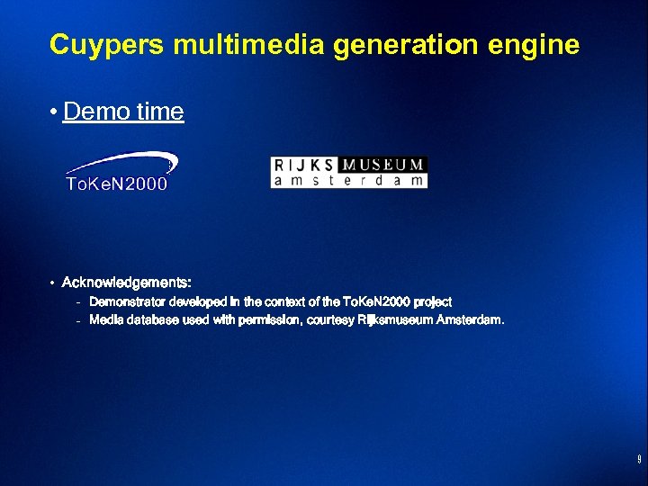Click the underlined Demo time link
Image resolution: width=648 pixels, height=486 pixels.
pos(123,112)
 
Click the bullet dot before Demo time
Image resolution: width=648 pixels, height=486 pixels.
pos(55,112)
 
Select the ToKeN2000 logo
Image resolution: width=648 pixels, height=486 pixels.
pos(121,172)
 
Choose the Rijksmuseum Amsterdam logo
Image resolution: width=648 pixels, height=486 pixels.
pos(348,172)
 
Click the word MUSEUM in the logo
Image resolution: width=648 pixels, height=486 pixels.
pos(384,165)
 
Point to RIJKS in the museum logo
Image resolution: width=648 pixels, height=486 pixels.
pos(303,165)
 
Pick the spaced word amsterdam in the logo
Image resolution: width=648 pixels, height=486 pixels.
pos(348,180)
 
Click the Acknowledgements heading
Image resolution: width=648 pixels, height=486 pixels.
pos(127,283)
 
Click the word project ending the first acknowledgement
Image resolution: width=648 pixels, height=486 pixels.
pos(432,301)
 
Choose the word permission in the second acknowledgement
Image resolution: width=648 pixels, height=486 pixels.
pos(269,319)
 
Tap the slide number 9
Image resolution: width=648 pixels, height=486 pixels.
pos(638,460)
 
